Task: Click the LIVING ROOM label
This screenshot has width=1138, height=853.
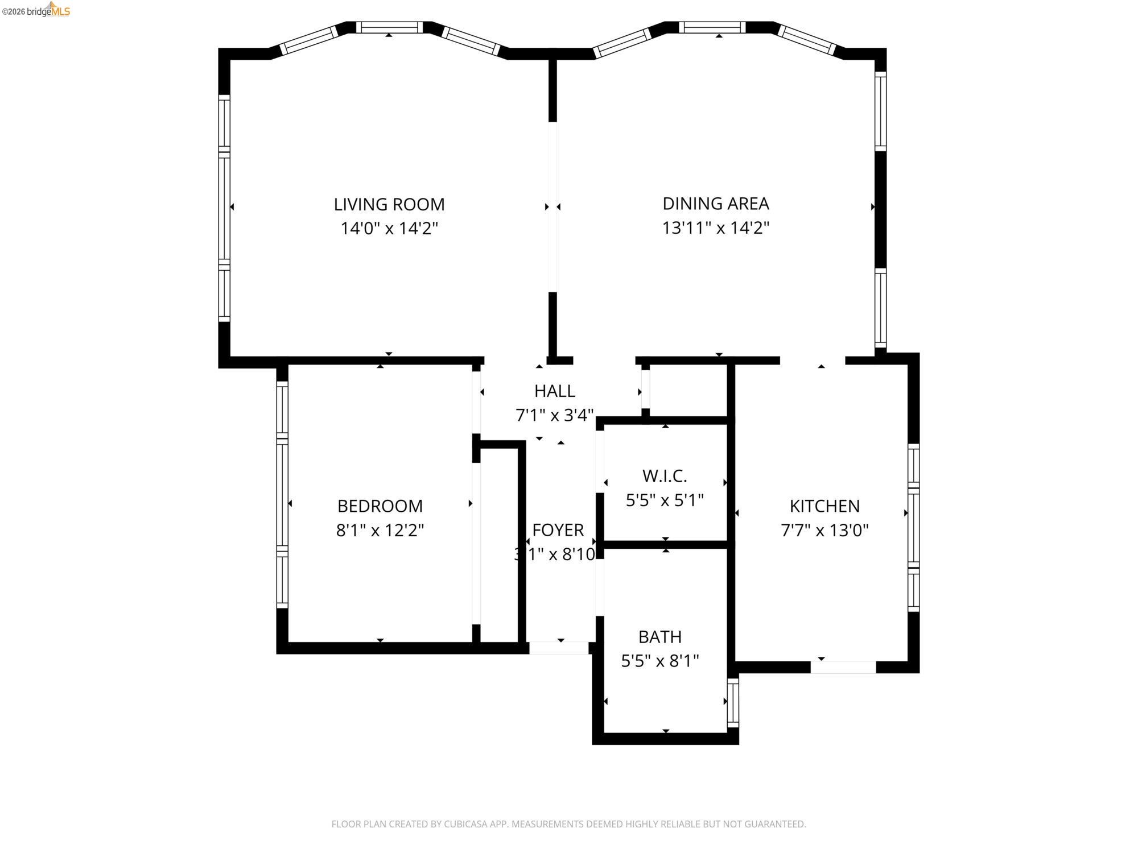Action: [389, 204]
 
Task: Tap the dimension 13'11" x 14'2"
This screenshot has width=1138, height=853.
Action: [715, 228]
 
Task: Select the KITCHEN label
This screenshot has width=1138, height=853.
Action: [824, 506]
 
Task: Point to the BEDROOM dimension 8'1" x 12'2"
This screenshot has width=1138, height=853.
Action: [380, 531]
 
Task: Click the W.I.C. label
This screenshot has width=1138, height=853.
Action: [665, 475]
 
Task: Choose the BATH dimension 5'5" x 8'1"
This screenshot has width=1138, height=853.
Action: [659, 661]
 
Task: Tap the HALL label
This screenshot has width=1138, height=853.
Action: [554, 391]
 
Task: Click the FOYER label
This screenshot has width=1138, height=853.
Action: [558, 529]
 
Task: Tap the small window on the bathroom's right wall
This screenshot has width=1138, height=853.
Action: [733, 702]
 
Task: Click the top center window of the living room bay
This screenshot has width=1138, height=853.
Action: [389, 27]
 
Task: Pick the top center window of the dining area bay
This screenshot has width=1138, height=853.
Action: [712, 27]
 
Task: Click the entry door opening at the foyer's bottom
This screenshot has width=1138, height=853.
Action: [559, 648]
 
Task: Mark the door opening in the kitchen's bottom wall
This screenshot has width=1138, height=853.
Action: [843, 667]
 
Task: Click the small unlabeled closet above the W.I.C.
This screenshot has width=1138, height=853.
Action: [688, 391]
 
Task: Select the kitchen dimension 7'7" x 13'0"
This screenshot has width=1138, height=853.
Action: [824, 531]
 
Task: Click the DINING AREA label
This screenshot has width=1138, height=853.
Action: [715, 203]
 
